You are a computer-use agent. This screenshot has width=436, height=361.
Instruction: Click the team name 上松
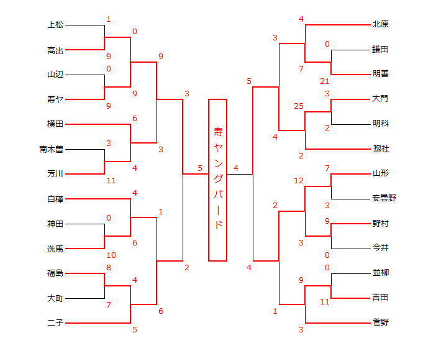(55, 25)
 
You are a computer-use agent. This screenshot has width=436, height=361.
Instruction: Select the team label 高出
(55, 50)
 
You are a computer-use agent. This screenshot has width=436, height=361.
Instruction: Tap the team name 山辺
(55, 75)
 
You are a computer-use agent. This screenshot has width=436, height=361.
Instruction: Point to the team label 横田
(55, 124)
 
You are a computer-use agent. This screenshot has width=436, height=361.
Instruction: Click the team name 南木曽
(52, 149)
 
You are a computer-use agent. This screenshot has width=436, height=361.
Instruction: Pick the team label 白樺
(55, 199)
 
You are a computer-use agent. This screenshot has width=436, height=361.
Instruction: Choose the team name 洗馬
(55, 249)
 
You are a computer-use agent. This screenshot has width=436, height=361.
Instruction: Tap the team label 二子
(55, 323)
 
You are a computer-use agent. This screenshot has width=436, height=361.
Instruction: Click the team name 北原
(381, 25)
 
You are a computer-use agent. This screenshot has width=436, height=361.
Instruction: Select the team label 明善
(381, 73)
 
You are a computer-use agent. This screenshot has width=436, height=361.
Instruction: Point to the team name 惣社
(381, 149)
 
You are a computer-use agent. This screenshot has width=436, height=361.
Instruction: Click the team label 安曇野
(384, 199)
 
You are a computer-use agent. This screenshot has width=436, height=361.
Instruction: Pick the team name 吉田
(381, 298)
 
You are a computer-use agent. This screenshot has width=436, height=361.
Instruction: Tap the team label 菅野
(381, 322)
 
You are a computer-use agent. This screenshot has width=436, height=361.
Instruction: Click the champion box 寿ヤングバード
(217, 180)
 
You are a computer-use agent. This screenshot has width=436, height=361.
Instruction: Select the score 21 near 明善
(325, 81)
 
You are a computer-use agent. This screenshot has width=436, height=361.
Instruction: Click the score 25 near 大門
(299, 106)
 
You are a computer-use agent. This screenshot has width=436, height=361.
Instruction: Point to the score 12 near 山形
(299, 181)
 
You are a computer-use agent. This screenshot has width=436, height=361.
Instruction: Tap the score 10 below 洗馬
(111, 255)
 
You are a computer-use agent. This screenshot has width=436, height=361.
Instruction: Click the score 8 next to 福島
(109, 268)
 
